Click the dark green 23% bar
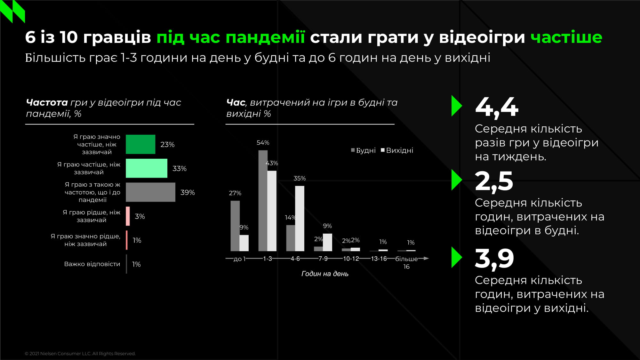[x=140, y=144]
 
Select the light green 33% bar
[x=146, y=168]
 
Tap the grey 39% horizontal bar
[x=150, y=192]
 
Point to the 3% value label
[x=140, y=216]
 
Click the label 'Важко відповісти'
[x=92, y=264]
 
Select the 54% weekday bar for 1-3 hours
[x=263, y=201]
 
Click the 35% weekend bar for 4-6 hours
[x=300, y=218]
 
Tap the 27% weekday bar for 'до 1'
[x=235, y=226]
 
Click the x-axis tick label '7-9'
[x=323, y=259]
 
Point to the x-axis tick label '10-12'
[x=351, y=259]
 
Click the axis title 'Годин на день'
[x=325, y=274]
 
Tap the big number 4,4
[x=496, y=107]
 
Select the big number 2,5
[x=494, y=181]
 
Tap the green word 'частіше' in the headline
[x=566, y=37]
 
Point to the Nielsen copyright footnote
[x=80, y=354]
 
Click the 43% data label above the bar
[x=272, y=163]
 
